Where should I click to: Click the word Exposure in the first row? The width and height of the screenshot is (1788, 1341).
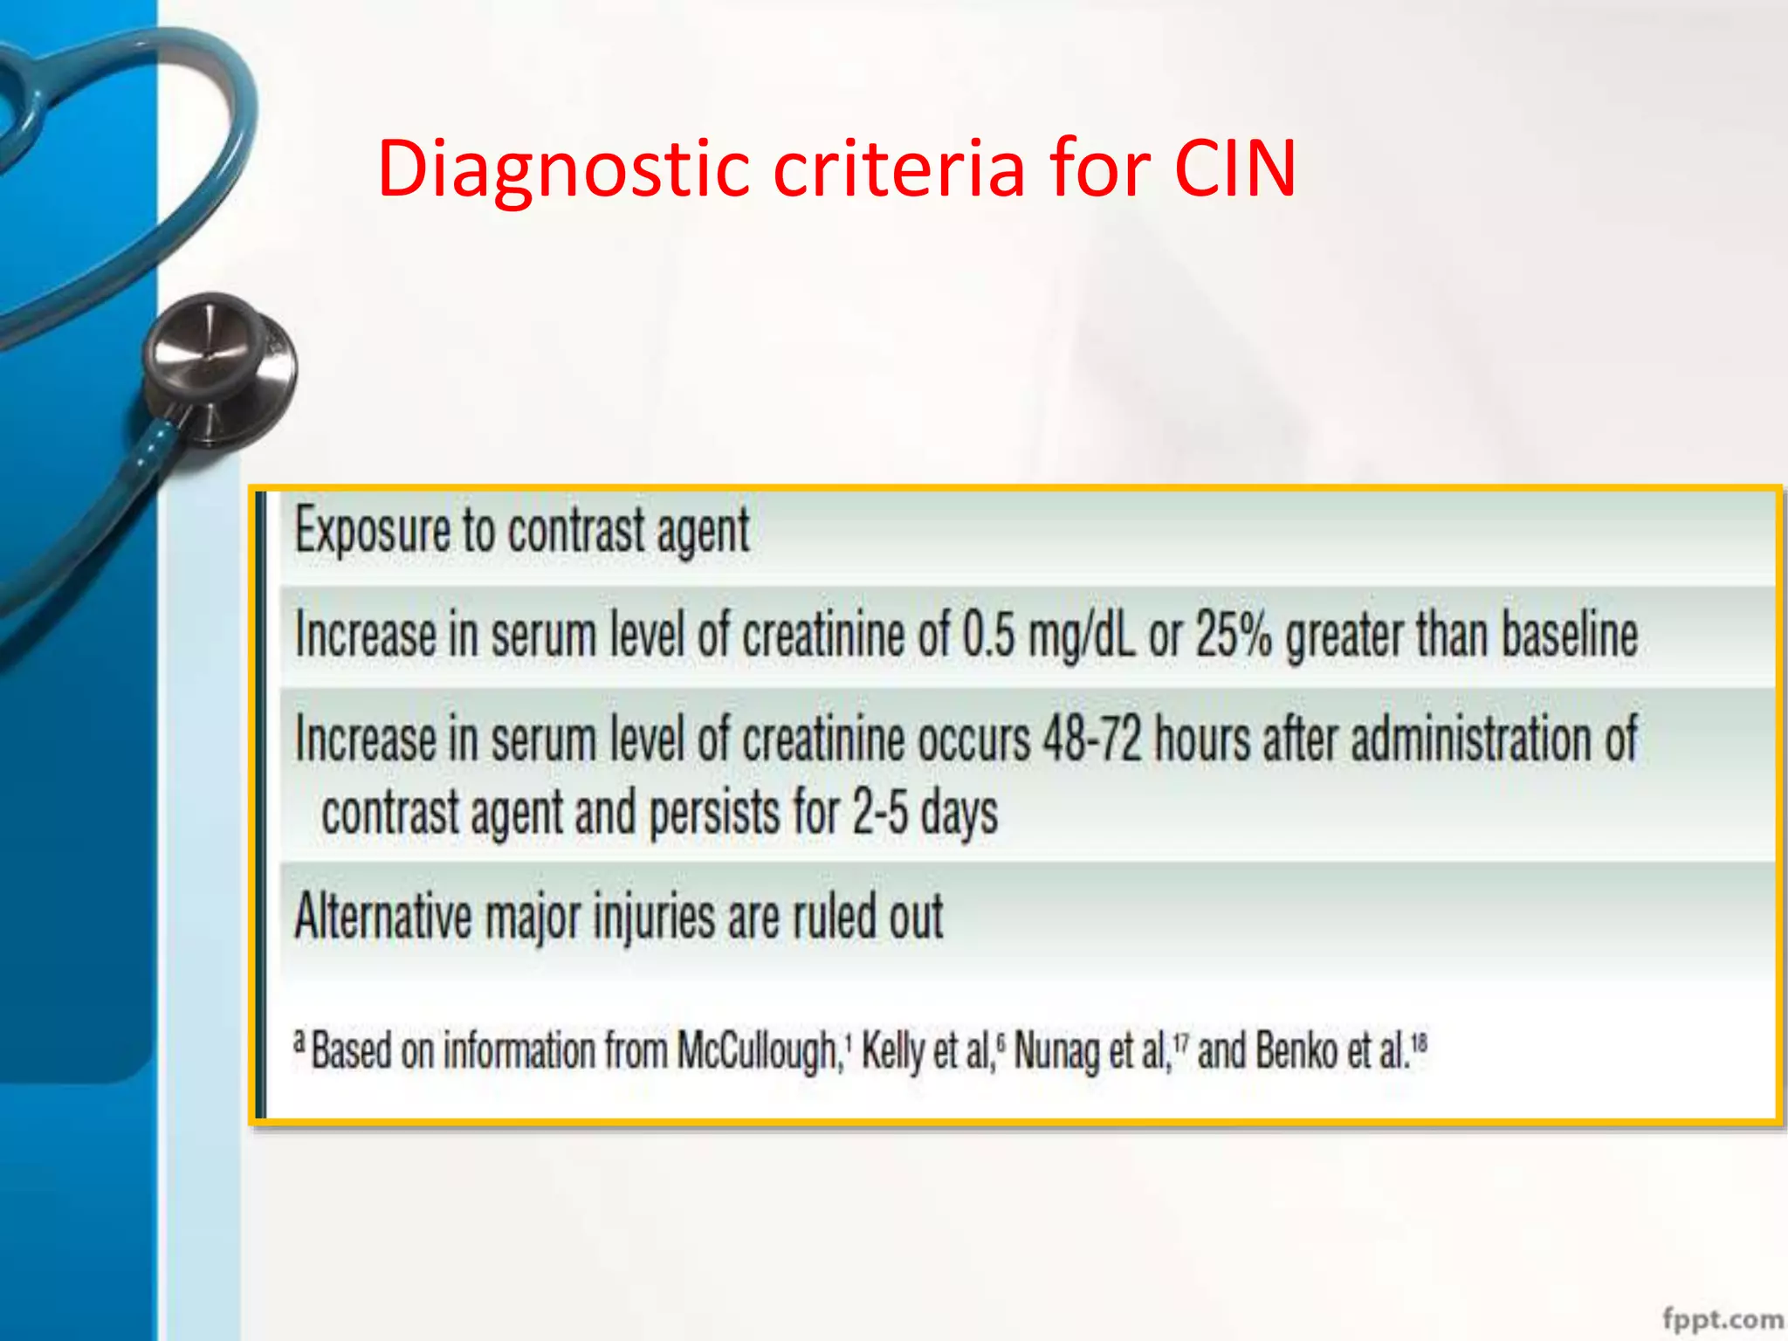[x=372, y=530]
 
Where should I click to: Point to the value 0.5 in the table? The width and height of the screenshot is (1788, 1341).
[x=989, y=634]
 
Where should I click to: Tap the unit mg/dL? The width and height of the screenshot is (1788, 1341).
[x=1082, y=636]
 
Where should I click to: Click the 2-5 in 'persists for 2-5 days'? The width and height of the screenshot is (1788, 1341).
[x=880, y=813]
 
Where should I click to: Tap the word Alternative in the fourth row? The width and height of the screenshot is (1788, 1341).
[x=383, y=917]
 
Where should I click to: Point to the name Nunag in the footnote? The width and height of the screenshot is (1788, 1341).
[x=1056, y=1050]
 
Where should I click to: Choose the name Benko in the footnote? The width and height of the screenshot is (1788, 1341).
[x=1296, y=1050]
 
